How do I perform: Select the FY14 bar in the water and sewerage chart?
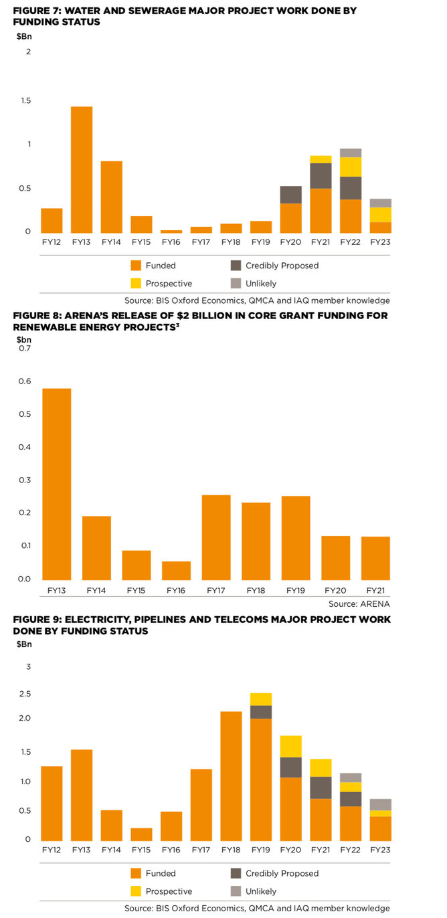point(112,197)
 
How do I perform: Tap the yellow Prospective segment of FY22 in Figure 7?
point(351,167)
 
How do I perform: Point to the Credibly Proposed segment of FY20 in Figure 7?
point(290,195)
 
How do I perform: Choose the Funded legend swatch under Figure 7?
point(135,266)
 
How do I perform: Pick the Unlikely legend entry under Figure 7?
point(261,284)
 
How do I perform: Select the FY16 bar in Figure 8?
point(176,571)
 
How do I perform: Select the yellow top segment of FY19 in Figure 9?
point(261,699)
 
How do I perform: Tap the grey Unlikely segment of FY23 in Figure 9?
point(381,805)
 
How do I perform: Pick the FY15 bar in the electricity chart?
point(141,834)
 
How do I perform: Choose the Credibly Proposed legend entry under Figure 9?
point(282,873)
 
